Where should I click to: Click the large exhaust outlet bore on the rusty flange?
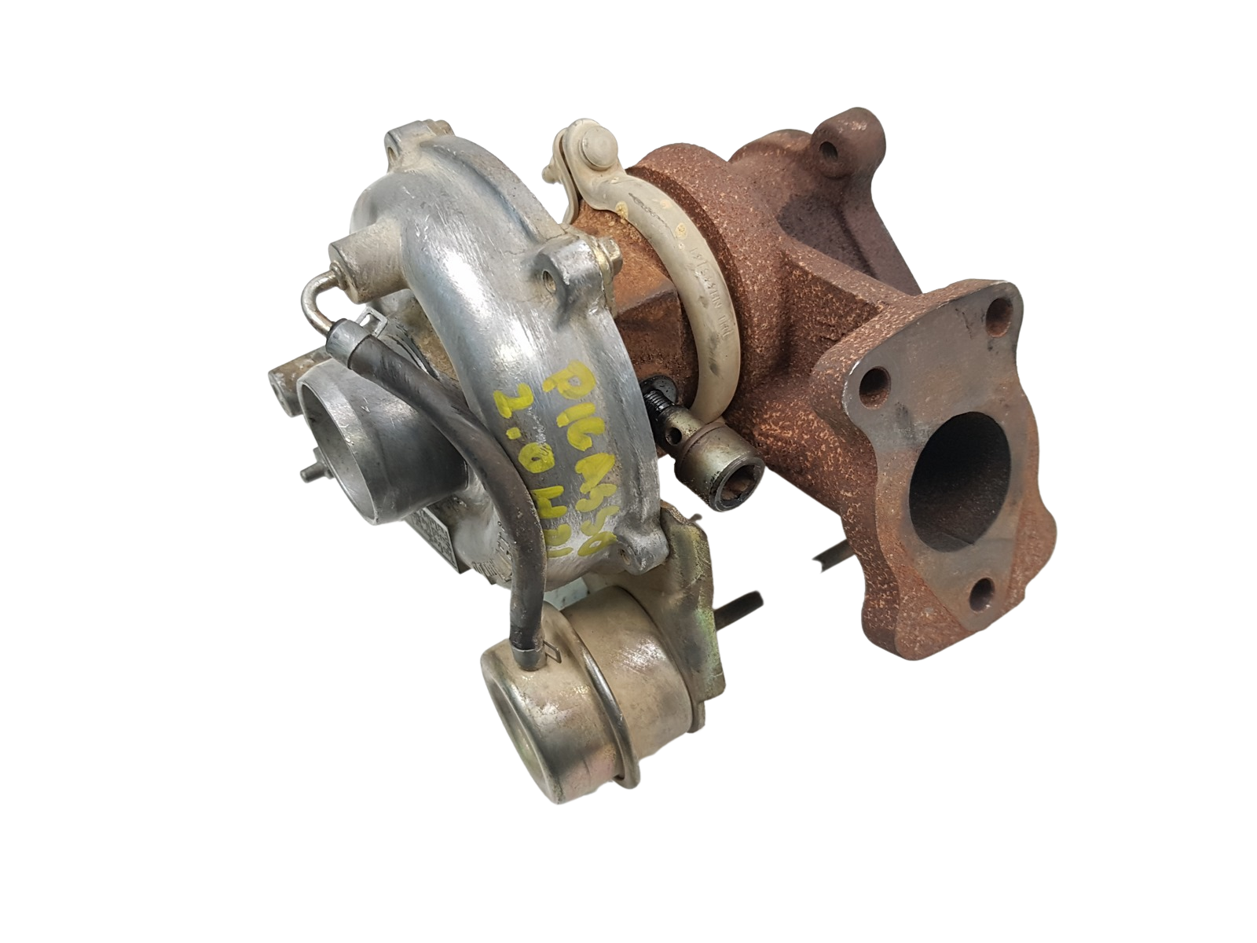[x=958, y=472]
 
